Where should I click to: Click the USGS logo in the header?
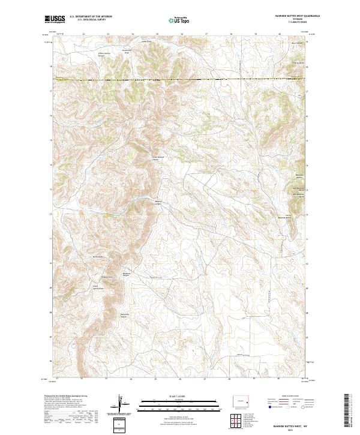[55, 19]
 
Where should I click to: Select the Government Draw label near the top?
[127, 52]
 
